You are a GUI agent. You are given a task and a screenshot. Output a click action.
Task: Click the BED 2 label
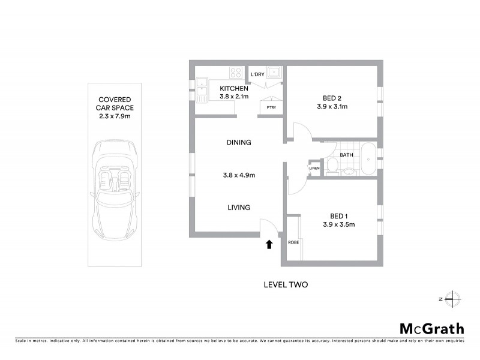tap(332, 98)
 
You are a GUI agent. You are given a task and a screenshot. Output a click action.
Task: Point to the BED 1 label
tap(339, 216)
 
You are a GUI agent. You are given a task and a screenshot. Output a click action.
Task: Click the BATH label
tap(346, 155)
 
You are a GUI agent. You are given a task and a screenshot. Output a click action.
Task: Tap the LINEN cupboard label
tap(314, 168)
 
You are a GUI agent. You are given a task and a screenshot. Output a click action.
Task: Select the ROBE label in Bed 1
tap(293, 243)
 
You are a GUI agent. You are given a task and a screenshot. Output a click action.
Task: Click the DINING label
tap(238, 143)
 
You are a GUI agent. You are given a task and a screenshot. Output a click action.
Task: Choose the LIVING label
tap(238, 208)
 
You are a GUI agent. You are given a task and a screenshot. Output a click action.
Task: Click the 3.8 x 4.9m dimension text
tap(238, 176)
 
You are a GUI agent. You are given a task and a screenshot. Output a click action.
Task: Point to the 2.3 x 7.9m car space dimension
tap(114, 116)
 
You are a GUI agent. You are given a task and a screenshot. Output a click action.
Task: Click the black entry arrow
tap(269, 244)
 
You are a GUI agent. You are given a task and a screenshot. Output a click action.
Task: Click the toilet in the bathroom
tap(331, 165)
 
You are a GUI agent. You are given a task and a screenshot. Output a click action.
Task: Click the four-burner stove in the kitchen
tap(236, 74)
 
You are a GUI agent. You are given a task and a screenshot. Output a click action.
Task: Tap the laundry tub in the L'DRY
tap(274, 73)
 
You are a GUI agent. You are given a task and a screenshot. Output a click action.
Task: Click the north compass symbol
tap(453, 298)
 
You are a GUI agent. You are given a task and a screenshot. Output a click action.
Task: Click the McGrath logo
tap(431, 328)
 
